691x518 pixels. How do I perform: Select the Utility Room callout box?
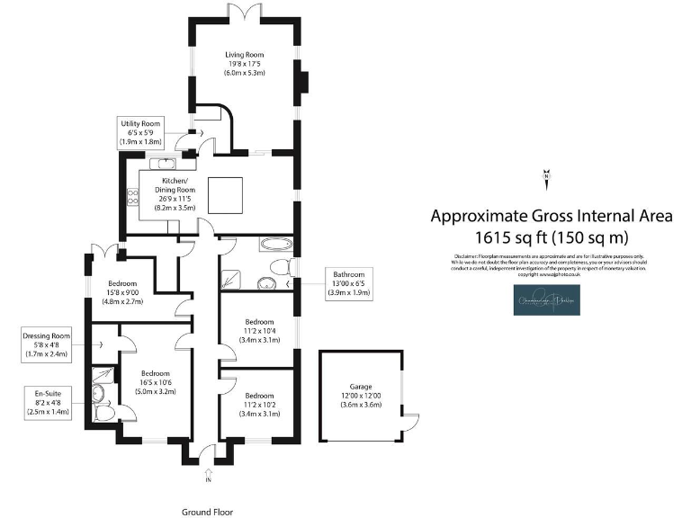[x=140, y=132]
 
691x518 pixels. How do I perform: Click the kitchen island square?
[x=226, y=193]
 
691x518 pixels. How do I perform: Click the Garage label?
[x=361, y=395]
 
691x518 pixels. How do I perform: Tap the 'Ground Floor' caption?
[x=207, y=511]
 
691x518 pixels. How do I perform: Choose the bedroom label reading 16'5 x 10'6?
[x=155, y=382]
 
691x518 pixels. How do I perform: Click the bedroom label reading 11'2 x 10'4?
[x=260, y=330]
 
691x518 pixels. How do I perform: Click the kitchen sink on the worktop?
[x=165, y=164]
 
